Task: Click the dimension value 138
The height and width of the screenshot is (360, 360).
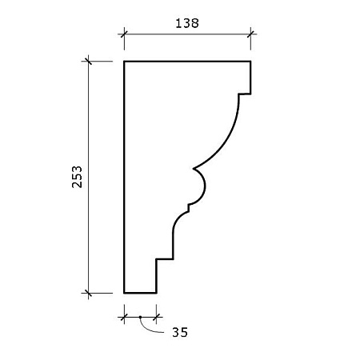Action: coord(187,23)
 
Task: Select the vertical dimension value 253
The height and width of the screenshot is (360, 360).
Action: coord(77,177)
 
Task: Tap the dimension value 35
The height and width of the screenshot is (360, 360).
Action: coord(180,332)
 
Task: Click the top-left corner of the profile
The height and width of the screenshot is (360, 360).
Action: coord(124,62)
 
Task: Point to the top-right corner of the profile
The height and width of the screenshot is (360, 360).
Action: coord(250,62)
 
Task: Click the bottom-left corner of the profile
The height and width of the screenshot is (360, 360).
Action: coord(124,293)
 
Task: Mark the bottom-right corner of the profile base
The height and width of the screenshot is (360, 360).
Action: coord(156,293)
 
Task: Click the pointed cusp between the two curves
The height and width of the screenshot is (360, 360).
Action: coord(194,169)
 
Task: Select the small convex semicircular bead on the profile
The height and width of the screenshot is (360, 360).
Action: coord(204,186)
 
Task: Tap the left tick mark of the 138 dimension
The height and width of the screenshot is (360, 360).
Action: coord(124,34)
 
